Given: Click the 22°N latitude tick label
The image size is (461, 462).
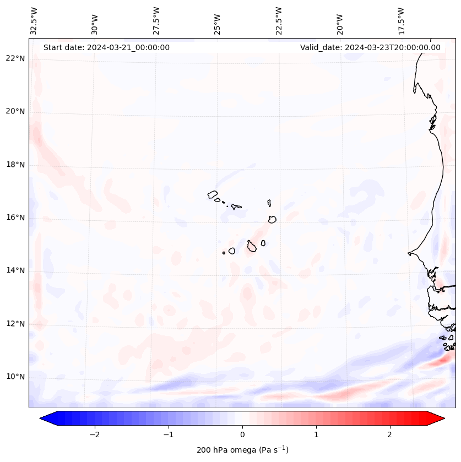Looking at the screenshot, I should pos(15,58).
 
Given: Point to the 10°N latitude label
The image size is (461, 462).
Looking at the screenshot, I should pos(15,377).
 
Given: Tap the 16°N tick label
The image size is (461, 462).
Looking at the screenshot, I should pos(15,218).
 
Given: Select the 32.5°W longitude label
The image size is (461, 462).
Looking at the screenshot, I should pos(34,20).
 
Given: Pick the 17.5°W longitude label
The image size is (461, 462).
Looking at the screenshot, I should pos(401,20).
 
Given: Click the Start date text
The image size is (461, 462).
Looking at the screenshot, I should pos(106,47).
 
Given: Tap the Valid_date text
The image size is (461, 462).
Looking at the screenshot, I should pos(370,47).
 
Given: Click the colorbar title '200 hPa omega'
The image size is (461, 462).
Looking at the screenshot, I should pos(242,450).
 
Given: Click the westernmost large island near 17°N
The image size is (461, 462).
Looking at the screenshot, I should pos(213,194).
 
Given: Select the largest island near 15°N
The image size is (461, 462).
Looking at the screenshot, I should pos(252,246).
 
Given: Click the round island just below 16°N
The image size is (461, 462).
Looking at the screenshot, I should pos(272,219).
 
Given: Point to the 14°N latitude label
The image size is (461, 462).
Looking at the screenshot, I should pos(15,271).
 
